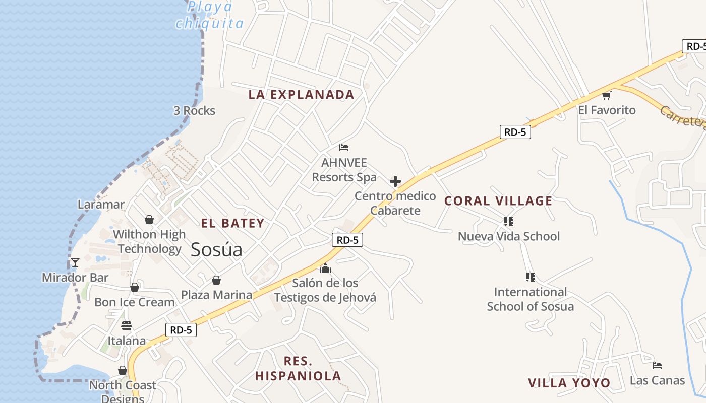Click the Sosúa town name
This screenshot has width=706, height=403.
[x=216, y=249]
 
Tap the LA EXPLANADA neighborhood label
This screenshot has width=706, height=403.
[x=302, y=95]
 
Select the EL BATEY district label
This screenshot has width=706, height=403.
[x=232, y=223]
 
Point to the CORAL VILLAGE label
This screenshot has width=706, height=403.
[x=498, y=201]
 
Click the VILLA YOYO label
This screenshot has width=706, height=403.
[x=569, y=383]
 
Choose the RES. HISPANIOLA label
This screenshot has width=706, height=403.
[x=298, y=368]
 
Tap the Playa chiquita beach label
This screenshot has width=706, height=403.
[x=210, y=15]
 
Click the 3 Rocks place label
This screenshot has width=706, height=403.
[x=194, y=111]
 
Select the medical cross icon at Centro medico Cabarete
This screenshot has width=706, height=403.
[x=395, y=181]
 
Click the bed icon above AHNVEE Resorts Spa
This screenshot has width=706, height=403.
[x=344, y=148]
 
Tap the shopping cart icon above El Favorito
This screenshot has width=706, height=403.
[x=606, y=95]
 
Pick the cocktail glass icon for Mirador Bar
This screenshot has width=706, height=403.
[x=75, y=262]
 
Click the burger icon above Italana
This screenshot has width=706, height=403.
[x=127, y=326]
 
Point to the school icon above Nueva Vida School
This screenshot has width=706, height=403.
[x=508, y=221]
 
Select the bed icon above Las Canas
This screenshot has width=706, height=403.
[x=657, y=366]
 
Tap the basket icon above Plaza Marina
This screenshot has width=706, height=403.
[x=216, y=280]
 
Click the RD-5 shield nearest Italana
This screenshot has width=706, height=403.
[x=181, y=330]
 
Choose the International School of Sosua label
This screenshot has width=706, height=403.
[x=530, y=299]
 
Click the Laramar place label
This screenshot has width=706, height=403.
[x=101, y=205]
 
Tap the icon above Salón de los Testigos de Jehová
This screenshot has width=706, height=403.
[x=325, y=268]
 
